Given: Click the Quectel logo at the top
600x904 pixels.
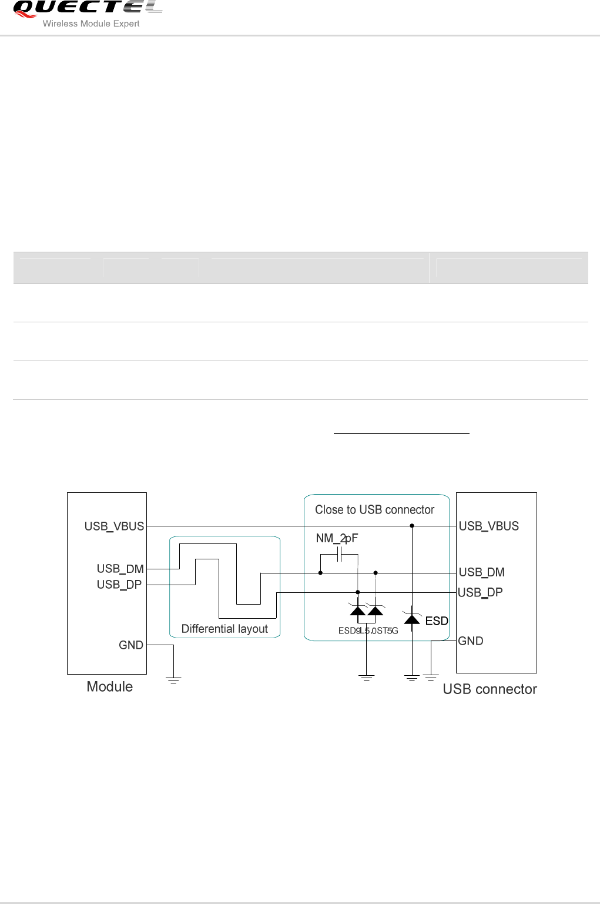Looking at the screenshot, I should [87, 8].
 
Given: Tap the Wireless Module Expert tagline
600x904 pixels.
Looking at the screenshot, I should [91, 24].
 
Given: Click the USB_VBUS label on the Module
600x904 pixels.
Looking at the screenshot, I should [114, 526].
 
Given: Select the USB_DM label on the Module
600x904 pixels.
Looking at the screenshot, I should [120, 569].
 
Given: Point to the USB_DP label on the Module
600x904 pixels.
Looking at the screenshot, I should [119, 585].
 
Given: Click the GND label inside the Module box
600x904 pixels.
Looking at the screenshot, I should [130, 645].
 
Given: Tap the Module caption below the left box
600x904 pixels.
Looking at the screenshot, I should [109, 687].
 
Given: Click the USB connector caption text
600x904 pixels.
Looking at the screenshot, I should [490, 689].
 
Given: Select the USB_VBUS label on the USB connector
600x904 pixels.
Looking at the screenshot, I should [488, 526].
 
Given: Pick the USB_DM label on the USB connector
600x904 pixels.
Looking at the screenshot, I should [481, 572].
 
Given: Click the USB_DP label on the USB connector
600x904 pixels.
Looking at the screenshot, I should [480, 592].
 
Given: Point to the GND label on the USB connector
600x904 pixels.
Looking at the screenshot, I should [470, 641].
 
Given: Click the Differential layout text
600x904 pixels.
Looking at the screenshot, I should [224, 629].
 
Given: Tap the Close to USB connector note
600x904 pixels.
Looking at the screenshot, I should [374, 510].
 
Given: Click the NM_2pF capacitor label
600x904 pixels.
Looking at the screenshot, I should [337, 538].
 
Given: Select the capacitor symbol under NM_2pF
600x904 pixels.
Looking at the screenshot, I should [339, 555].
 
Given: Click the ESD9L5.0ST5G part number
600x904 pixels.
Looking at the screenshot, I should [368, 631].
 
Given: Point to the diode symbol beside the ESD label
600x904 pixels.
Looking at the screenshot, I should [412, 619].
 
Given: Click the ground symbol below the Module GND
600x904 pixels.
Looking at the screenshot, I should [173, 680].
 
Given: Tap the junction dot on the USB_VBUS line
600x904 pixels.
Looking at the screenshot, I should [412, 526].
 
